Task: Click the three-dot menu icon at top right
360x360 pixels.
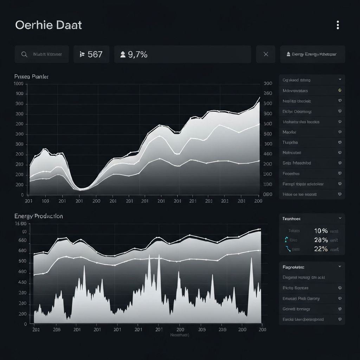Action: pos(337,25)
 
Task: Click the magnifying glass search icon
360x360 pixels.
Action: pos(24,54)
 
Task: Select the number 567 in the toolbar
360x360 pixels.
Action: pos(95,54)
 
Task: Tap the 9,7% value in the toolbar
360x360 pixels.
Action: pos(137,54)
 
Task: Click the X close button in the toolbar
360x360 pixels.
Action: pos(266,54)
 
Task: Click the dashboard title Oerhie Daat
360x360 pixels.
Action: pos(49,25)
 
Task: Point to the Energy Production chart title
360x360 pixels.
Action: pos(39,216)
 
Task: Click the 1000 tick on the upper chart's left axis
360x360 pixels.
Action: pos(18,84)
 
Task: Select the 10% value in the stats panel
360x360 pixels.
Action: pos(321,231)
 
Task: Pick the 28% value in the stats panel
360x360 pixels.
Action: pos(321,240)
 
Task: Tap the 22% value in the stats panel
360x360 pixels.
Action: pos(321,249)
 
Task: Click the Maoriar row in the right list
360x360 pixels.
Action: pos(290,132)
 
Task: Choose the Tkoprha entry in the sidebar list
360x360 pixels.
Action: pos(290,142)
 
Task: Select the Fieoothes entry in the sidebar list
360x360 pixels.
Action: pos(291,173)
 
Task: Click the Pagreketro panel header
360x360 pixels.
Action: pos(294,267)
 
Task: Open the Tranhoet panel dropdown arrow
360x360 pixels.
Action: pos(340,218)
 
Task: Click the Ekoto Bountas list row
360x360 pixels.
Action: pos(295,288)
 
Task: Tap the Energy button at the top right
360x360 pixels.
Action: pos(312,54)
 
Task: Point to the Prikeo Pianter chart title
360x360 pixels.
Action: pos(32,76)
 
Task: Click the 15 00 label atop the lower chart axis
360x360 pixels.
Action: pos(20,224)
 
